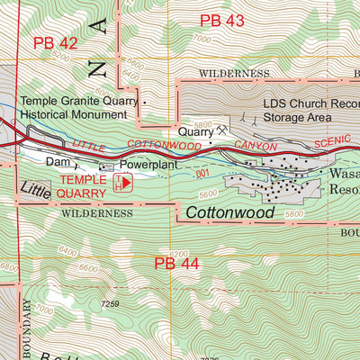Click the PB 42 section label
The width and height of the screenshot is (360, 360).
56,42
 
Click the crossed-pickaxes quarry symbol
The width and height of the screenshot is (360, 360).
220,130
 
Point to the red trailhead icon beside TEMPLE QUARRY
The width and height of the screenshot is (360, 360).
124,183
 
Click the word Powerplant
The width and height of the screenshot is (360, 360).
146,166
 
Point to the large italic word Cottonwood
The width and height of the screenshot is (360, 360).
230,211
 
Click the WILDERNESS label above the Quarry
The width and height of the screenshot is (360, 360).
234,73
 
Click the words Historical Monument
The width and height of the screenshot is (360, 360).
76,116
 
